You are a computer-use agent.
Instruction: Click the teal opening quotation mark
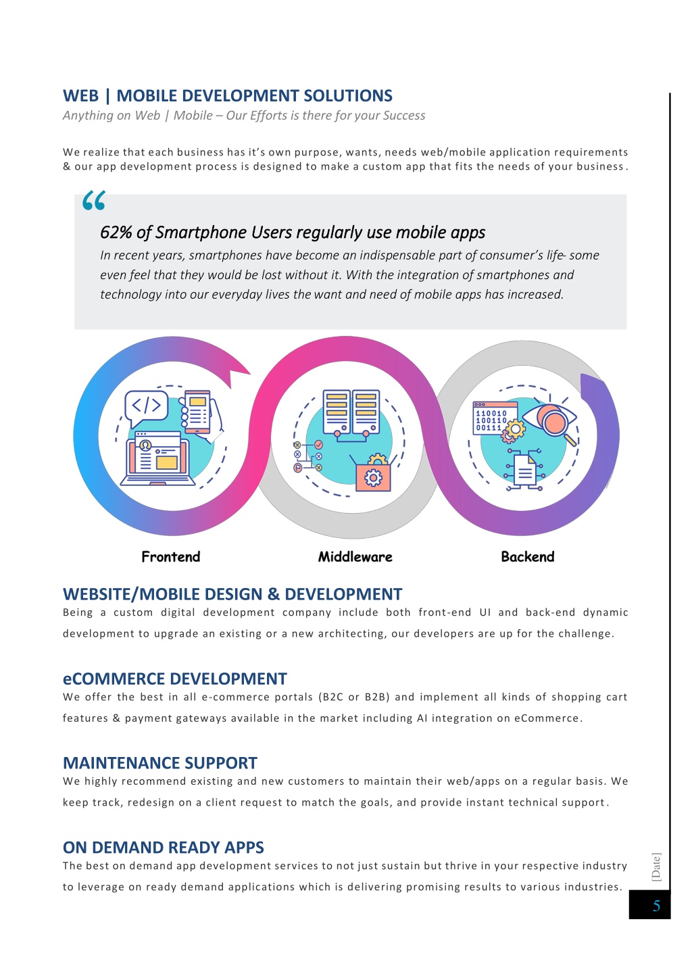coord(94,201)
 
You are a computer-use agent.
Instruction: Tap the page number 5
coord(656,906)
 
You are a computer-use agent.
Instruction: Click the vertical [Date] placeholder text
coord(656,867)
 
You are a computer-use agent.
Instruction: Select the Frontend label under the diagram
coord(171,557)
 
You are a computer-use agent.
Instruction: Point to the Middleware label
coord(355,557)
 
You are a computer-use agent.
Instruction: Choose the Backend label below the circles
coord(527,557)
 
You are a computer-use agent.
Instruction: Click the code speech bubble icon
coord(146,408)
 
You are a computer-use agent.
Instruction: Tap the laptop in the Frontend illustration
coord(157,458)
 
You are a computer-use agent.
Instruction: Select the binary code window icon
coord(495,418)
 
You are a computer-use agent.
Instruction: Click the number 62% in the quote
coord(116,233)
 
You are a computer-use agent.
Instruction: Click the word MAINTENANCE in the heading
coord(121,763)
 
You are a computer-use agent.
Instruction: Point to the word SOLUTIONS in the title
coord(348,95)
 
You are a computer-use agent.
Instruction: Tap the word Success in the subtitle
coord(404,116)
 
